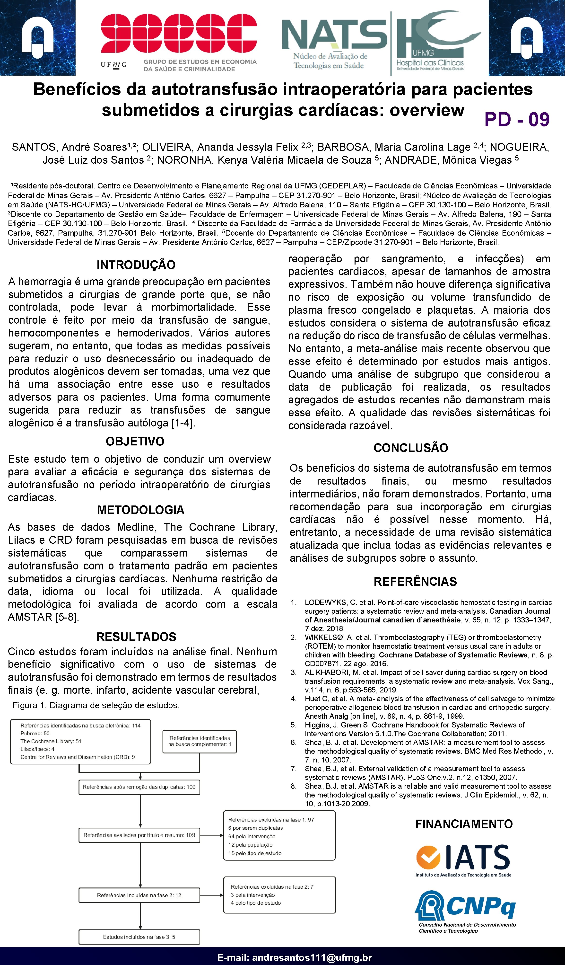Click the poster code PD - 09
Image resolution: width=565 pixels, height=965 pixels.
click(x=517, y=119)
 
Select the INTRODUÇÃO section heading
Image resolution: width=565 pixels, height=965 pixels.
click(x=136, y=265)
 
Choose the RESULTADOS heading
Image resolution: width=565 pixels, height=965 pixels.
click(x=136, y=637)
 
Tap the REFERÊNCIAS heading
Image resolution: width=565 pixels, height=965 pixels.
click(x=415, y=581)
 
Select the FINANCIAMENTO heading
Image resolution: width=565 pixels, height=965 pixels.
click(x=464, y=824)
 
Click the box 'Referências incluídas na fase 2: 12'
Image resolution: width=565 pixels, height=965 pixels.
click(x=139, y=895)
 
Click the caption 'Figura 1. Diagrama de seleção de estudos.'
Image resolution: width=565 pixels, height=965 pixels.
click(x=96, y=705)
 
